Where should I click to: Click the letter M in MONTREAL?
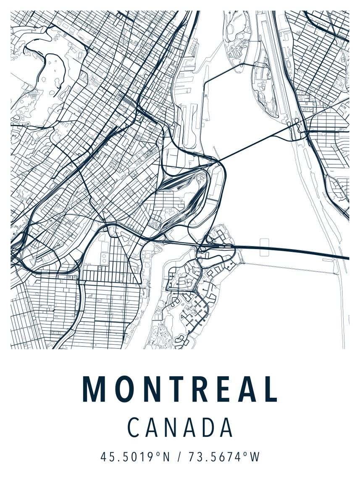coord(93,389)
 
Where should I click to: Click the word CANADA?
coord(180,428)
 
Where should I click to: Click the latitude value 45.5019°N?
coord(135,457)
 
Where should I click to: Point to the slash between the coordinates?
coord(180,457)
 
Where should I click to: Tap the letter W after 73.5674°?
coord(255,457)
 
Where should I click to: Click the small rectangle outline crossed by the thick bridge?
coord(265,247)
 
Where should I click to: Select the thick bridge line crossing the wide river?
coord(294,251)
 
